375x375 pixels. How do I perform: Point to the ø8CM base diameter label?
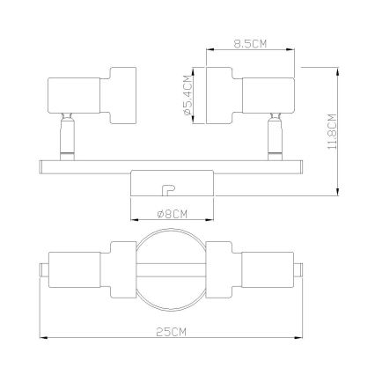click(x=173, y=214)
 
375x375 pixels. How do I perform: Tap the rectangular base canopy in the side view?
click(x=173, y=184)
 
